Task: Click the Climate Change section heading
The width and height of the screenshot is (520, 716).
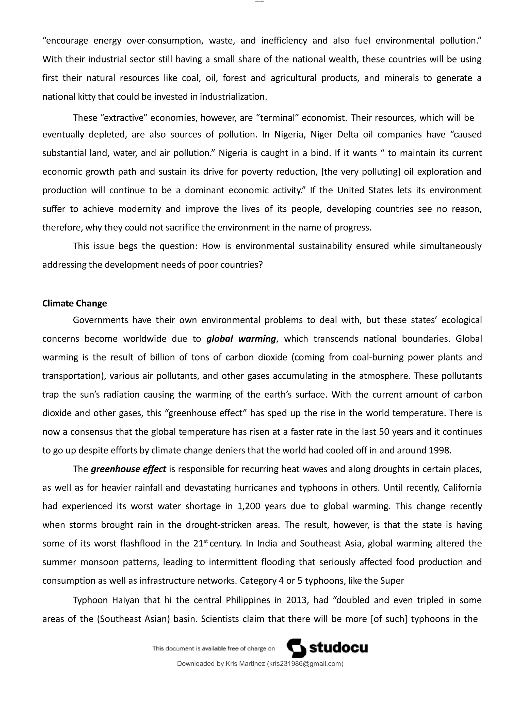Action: [74, 303]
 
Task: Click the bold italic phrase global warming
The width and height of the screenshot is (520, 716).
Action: [241, 339]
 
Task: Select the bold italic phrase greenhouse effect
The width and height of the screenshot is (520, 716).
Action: [128, 469]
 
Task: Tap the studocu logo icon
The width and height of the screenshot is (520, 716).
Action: [296, 648]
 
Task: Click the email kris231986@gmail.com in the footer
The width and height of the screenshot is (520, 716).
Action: [305, 664]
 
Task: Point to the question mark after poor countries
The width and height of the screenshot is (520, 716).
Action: [260, 264]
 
